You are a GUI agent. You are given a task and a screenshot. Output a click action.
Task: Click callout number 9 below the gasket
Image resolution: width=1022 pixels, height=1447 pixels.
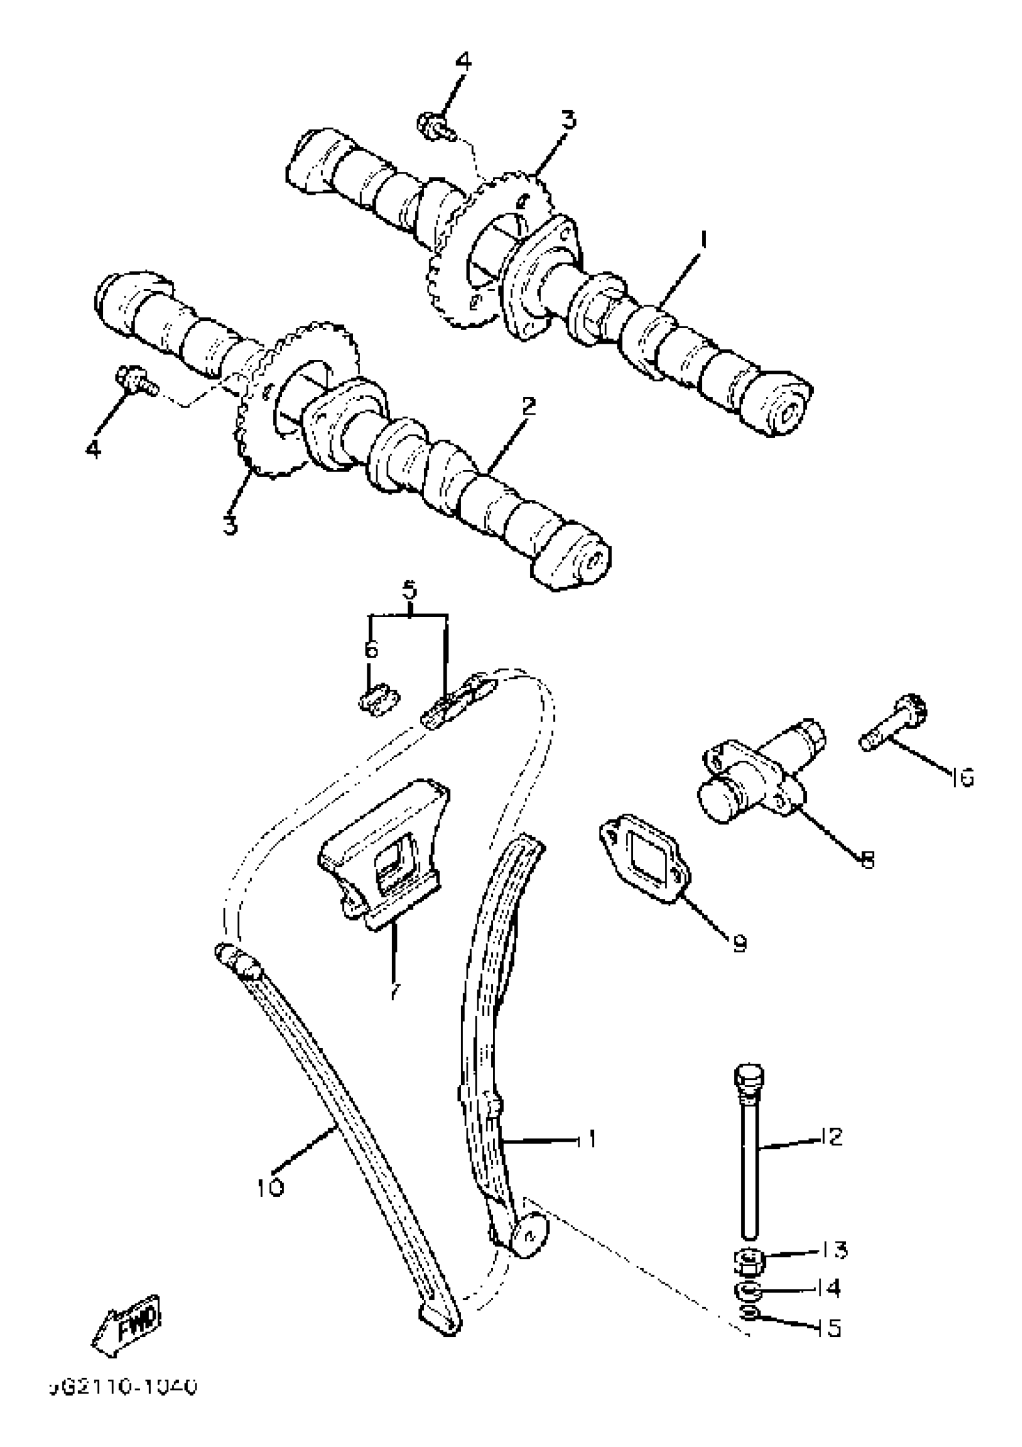click(x=739, y=942)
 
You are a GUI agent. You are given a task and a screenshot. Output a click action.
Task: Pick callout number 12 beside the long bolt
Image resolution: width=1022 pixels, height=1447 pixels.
click(x=831, y=1136)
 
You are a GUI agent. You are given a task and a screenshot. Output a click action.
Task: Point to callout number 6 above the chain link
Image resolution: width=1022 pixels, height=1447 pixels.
click(x=371, y=649)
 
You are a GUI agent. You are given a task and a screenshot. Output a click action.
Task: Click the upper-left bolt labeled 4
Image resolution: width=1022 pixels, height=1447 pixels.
click(x=435, y=127)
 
